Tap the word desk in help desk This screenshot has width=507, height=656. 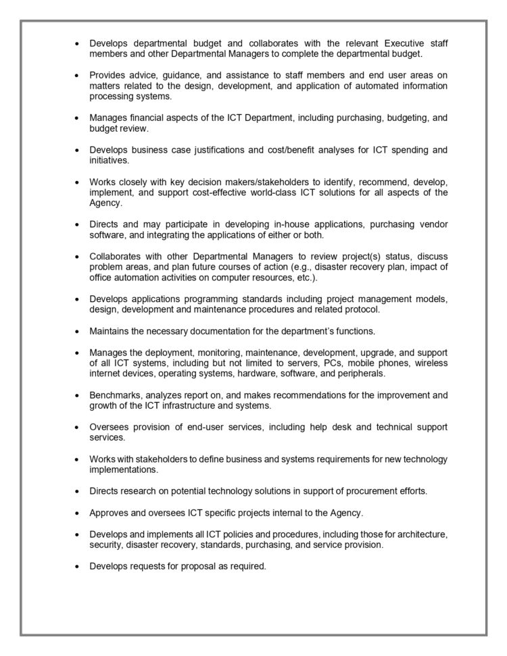point(339,427)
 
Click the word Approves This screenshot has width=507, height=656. point(110,512)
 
